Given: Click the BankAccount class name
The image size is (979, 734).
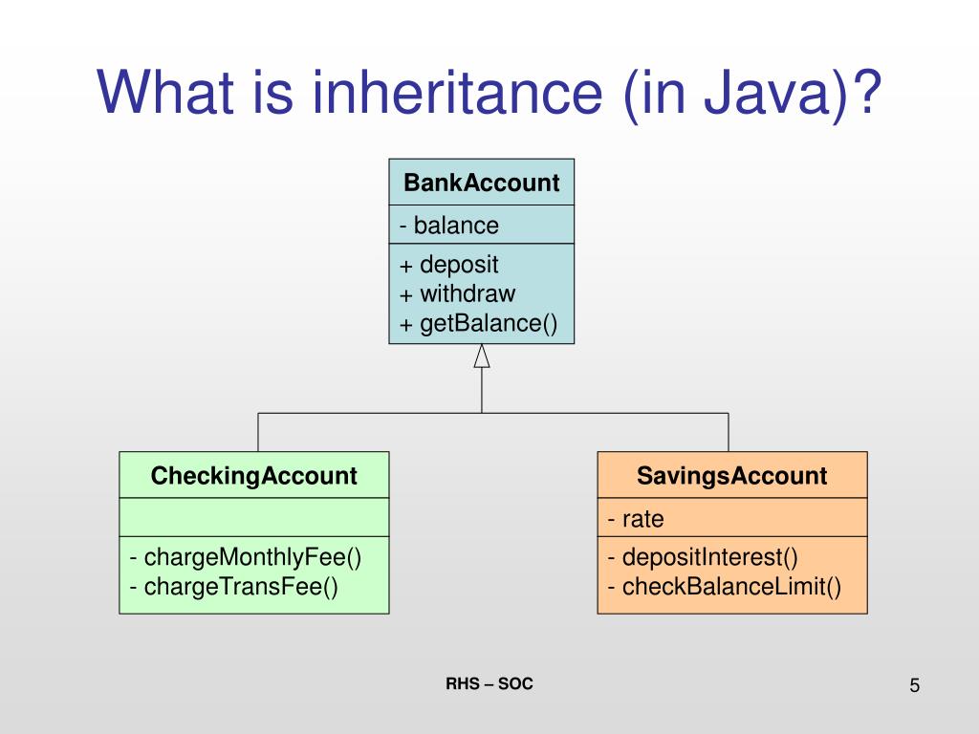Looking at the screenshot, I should tap(481, 183).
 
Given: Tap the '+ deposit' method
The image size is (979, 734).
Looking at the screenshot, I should tap(449, 265).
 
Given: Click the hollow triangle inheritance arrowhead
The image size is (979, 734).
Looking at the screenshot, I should tap(482, 356).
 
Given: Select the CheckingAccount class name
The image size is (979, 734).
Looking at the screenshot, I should tap(254, 476).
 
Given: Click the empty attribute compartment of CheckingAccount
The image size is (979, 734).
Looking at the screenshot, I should tap(254, 517).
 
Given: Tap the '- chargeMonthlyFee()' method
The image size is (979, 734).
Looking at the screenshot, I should tap(246, 557).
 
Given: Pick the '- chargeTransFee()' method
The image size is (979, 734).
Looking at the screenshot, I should tap(234, 586).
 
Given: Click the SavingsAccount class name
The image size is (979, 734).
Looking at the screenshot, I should tap(732, 476).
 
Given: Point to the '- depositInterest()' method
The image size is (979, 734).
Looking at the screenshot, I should tap(703, 557).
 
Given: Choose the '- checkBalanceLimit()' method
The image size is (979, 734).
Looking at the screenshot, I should tap(724, 586).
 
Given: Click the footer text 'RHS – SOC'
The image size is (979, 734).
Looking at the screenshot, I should tap(489, 683).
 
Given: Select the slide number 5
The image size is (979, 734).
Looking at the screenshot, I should tap(915, 685).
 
